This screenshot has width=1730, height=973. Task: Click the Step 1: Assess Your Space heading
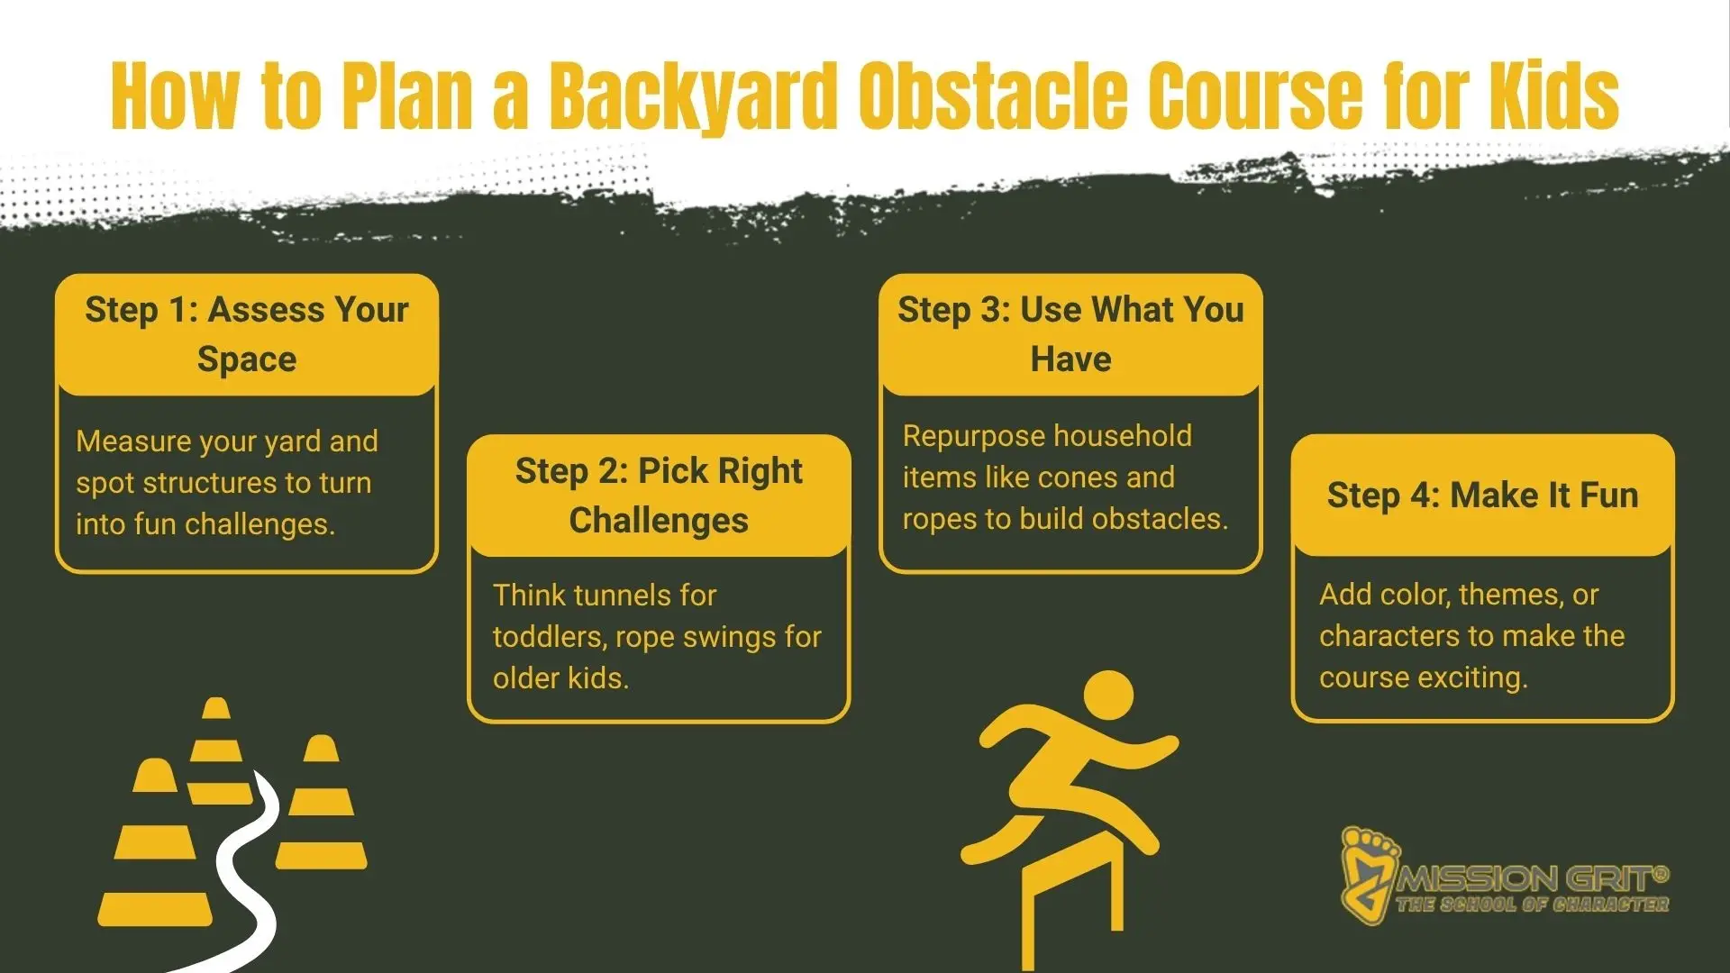[246, 334]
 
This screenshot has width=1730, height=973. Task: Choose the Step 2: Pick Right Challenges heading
[659, 496]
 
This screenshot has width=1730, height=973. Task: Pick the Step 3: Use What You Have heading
[1070, 334]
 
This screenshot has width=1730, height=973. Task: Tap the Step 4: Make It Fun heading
[1482, 496]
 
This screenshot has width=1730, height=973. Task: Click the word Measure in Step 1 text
[134, 441]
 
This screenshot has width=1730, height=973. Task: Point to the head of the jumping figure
[1109, 697]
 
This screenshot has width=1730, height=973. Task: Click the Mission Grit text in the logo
[1532, 877]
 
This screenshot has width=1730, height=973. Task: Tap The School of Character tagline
[1532, 905]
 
